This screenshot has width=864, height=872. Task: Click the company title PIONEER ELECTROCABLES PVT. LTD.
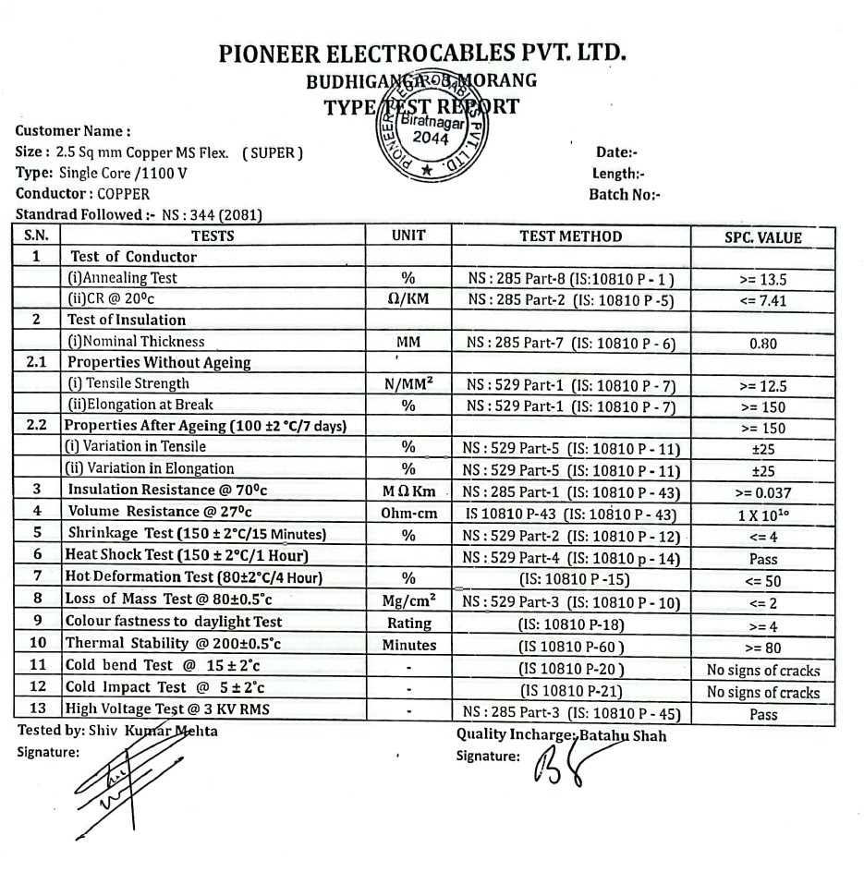click(423, 53)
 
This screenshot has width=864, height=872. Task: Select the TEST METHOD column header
click(570, 236)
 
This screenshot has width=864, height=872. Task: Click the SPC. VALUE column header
click(762, 237)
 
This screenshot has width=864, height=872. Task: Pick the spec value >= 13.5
click(762, 279)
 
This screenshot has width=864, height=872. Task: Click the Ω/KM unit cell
click(408, 299)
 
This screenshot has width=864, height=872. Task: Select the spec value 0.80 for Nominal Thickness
click(762, 343)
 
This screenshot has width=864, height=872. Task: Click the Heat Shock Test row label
click(186, 555)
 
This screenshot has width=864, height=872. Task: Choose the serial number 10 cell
click(37, 643)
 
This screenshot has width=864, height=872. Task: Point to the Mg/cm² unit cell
click(408, 600)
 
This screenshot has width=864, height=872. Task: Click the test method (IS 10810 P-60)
click(570, 647)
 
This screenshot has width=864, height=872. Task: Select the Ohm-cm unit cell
click(408, 512)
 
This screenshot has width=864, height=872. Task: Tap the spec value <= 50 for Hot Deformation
click(762, 581)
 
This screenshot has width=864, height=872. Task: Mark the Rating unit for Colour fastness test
click(408, 623)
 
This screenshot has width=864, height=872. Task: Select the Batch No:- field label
click(625, 195)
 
